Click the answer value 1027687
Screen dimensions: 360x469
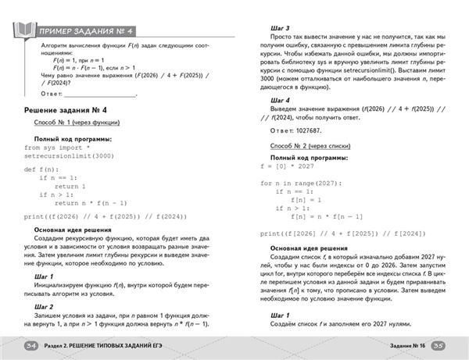317,133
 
